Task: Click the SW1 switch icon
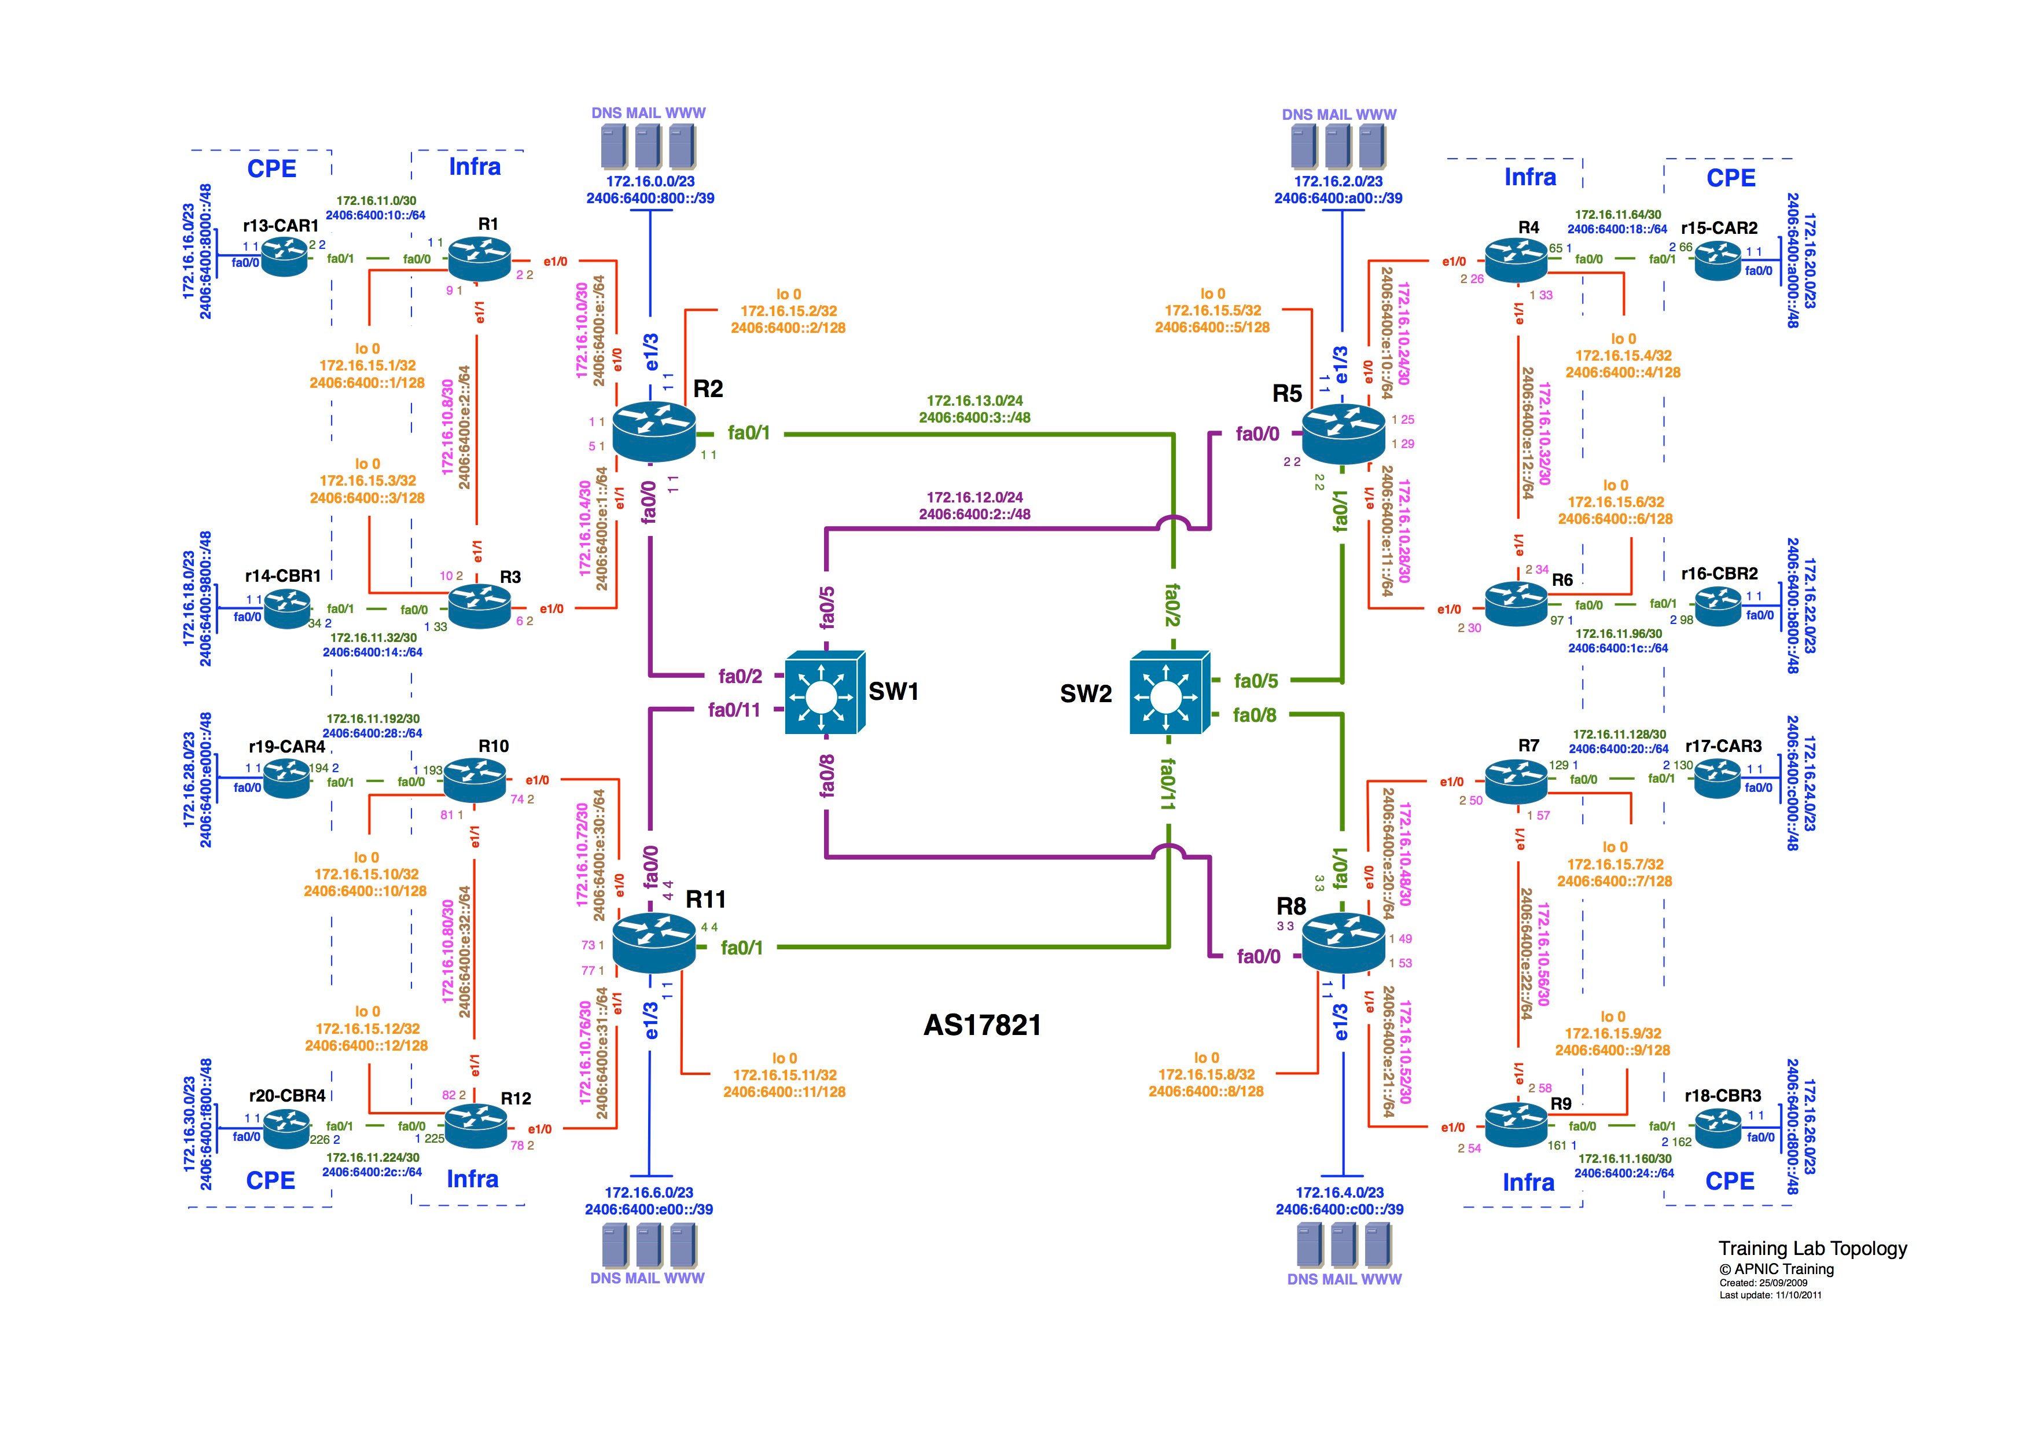point(824,693)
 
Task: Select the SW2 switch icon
point(1169,693)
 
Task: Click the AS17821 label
point(982,1026)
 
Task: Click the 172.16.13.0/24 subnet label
point(974,401)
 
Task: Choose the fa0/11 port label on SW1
point(734,710)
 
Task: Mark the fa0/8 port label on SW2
point(1255,715)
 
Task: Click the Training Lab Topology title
point(1812,1249)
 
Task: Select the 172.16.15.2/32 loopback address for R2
point(789,311)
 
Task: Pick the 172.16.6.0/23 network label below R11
point(649,1192)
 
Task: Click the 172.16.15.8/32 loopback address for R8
point(1206,1074)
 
